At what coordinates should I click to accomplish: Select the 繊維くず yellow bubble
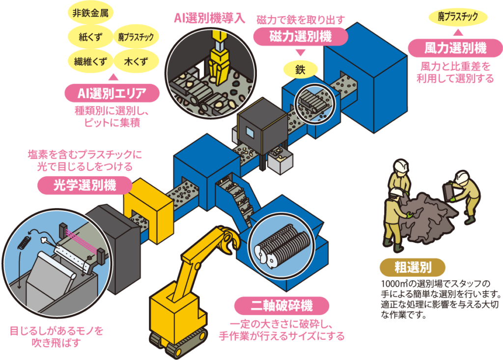pos(88,62)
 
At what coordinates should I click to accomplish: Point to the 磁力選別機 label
pos(301,35)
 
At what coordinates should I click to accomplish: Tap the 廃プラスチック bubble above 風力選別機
pos(457,17)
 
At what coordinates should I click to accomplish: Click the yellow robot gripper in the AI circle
pos(217,64)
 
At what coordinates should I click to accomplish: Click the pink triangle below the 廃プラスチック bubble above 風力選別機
pos(457,33)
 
